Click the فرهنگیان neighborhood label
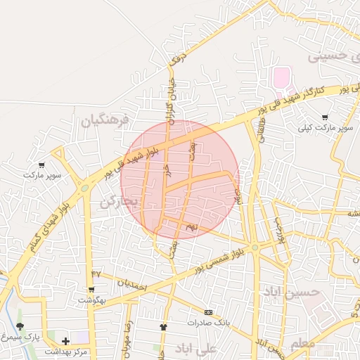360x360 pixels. (x=105, y=120)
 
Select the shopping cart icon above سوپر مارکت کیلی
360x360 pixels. (x=324, y=117)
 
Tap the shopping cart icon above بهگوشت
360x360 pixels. (x=91, y=289)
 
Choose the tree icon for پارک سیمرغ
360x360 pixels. (x=20, y=327)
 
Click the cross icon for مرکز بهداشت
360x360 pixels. (x=65, y=341)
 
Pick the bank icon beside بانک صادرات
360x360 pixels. (x=208, y=312)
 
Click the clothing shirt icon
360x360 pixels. (x=164, y=327)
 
